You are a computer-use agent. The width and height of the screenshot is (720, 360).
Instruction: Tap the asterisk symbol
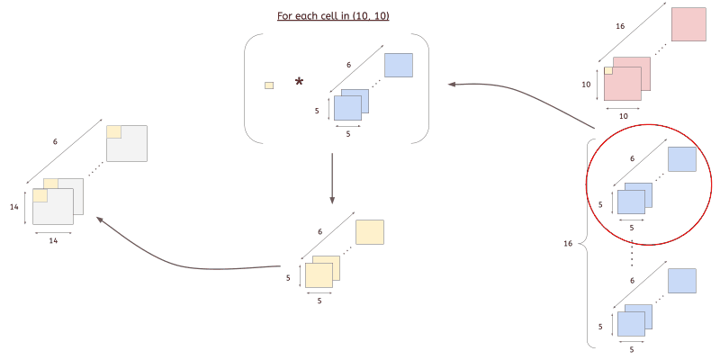300,83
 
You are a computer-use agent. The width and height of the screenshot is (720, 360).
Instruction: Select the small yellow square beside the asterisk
269,85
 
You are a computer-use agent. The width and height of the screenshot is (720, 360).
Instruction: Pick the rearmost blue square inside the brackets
399,66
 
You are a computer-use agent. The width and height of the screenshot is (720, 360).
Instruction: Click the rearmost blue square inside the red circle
682,159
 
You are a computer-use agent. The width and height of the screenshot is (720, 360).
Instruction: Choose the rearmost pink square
688,24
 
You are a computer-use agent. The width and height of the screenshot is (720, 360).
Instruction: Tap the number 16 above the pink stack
620,27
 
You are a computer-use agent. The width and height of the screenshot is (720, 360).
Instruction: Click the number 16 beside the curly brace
568,243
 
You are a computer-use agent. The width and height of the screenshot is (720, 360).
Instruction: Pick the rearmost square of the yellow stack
370,232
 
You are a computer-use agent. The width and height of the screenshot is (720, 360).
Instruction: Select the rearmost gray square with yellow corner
126,143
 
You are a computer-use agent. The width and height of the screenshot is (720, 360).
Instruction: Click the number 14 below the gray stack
53,241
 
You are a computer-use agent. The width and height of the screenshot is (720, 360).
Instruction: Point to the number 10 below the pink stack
622,116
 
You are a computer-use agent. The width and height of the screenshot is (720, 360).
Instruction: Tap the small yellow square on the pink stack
608,70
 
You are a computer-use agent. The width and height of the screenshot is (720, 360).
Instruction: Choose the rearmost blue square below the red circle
682,281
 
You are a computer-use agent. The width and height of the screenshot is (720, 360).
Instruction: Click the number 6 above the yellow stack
319,231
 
